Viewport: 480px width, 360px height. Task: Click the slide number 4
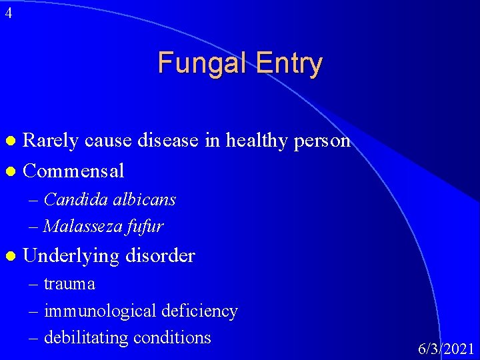click(x=7, y=13)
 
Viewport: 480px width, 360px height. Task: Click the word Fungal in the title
click(x=197, y=63)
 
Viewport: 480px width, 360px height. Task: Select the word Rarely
click(x=50, y=141)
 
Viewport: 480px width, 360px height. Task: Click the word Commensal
click(x=73, y=171)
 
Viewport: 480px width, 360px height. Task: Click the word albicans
click(x=147, y=199)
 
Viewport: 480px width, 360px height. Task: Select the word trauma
click(x=69, y=284)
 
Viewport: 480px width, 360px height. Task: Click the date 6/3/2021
click(x=446, y=348)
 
